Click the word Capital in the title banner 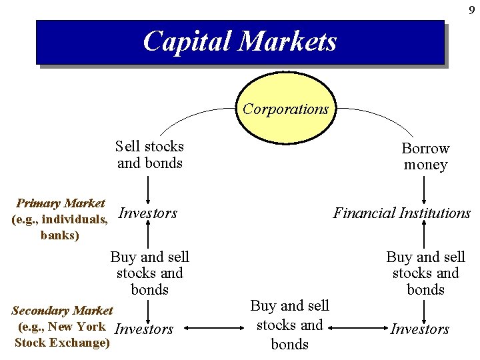pyautogui.click(x=189, y=41)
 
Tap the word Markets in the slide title pyautogui.click(x=288, y=41)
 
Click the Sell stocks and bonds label pyautogui.click(x=149, y=155)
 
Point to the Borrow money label pyautogui.click(x=425, y=156)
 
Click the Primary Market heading pyautogui.click(x=61, y=203)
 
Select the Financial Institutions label pyautogui.click(x=401, y=213)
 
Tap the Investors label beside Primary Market pyautogui.click(x=147, y=213)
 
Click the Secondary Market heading pyautogui.click(x=63, y=311)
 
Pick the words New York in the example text pyautogui.click(x=77, y=327)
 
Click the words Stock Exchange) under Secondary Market pyautogui.click(x=62, y=343)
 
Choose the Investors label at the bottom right pyautogui.click(x=420, y=329)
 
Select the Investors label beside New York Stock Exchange pyautogui.click(x=144, y=329)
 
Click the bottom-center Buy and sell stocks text pyautogui.click(x=289, y=325)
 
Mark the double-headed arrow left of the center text pyautogui.click(x=210, y=328)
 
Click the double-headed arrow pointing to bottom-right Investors pyautogui.click(x=357, y=328)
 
